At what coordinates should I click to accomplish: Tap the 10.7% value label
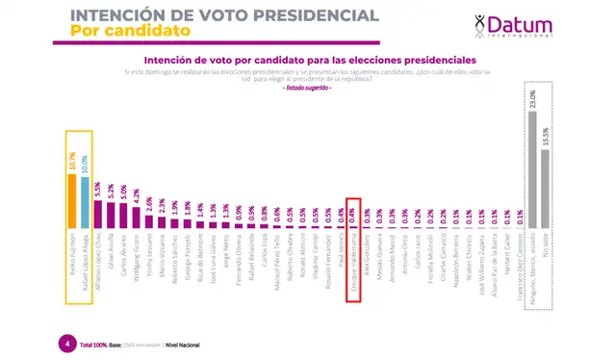click(x=72, y=160)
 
